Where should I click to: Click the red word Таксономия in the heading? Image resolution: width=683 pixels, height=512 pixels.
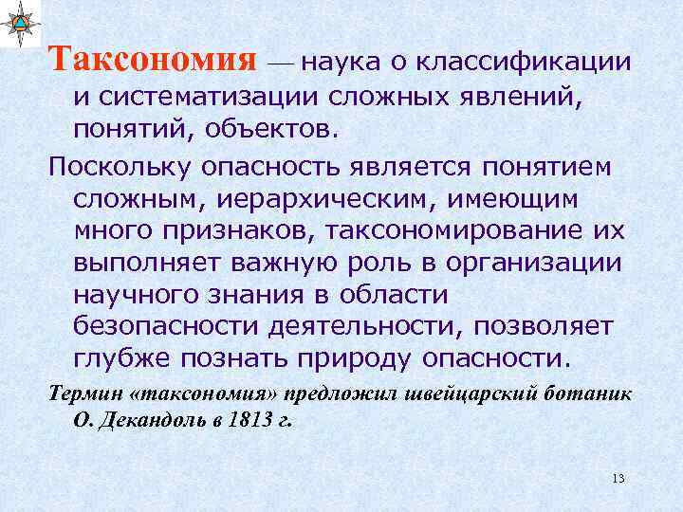153,59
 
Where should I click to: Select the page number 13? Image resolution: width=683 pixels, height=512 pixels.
618,477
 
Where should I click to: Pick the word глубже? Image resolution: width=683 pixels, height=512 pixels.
118,359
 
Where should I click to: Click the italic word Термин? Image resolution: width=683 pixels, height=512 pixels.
81,393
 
